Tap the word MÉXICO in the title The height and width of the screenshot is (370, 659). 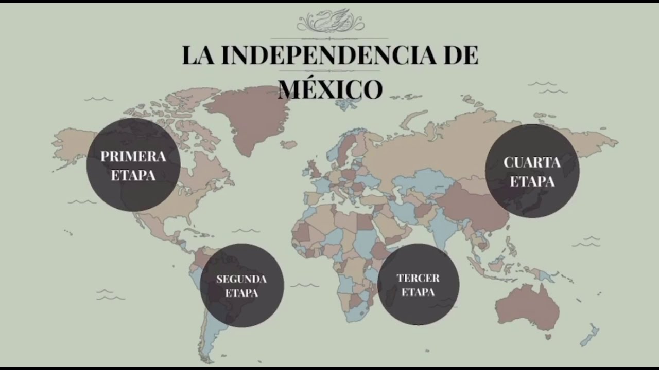click(x=330, y=89)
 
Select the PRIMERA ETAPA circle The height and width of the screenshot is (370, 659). click(x=133, y=164)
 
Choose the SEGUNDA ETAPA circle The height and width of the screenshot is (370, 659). click(x=241, y=285)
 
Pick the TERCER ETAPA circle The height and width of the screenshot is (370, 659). click(x=418, y=284)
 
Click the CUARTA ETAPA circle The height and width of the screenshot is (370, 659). click(x=532, y=171)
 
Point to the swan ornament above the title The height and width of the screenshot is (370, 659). click(x=330, y=21)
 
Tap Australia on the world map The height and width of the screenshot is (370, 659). click(x=528, y=306)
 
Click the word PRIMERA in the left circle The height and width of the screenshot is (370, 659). click(x=133, y=156)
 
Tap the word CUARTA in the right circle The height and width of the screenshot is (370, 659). click(x=532, y=163)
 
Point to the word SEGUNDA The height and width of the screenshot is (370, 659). click(x=241, y=280)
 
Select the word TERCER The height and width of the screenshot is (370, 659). click(x=418, y=278)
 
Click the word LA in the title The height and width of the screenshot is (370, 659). click(x=198, y=55)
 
